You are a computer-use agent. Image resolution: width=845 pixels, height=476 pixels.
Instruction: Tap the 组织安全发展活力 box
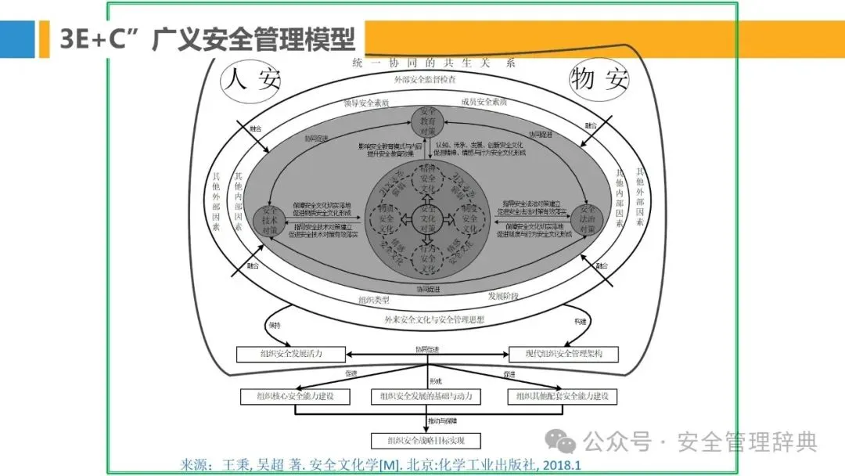pos(291,355)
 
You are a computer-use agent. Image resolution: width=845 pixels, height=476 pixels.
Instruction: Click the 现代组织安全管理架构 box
pos(563,355)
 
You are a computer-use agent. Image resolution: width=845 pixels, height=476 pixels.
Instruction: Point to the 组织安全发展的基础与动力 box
pos(426,396)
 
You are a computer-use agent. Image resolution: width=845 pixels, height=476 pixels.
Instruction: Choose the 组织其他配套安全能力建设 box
pos(562,396)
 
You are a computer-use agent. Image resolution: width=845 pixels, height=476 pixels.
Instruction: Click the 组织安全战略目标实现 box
pos(426,440)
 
